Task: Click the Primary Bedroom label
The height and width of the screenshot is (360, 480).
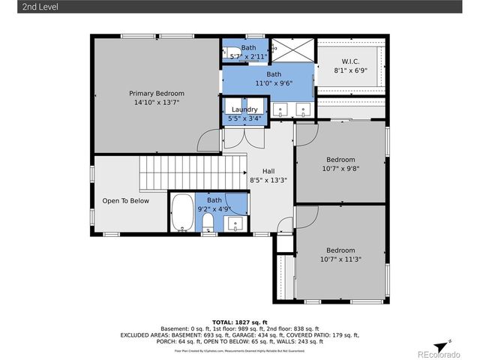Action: [x=156, y=93]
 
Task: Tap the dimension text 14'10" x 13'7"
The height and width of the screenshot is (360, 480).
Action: [x=156, y=102]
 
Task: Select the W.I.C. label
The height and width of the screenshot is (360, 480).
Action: [x=350, y=61]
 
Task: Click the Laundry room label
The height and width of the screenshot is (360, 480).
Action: [x=244, y=109]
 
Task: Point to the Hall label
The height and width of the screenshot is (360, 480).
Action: [x=268, y=172]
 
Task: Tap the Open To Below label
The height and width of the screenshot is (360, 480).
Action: [x=126, y=200]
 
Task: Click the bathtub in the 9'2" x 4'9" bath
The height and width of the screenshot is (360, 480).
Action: [x=182, y=213]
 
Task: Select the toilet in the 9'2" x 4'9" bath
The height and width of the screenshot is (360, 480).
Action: [x=208, y=222]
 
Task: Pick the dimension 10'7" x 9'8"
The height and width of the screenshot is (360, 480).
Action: [x=340, y=168]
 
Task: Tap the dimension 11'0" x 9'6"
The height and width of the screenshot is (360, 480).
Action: [x=274, y=83]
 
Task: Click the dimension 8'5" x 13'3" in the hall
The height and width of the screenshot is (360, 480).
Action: [x=268, y=180]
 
